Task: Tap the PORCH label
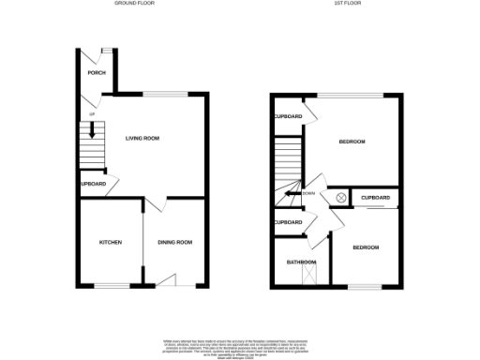[96, 73]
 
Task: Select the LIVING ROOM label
[142, 139]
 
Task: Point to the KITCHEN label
[111, 243]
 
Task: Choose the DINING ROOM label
[174, 243]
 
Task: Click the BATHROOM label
[301, 262]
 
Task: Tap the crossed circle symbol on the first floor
[340, 198]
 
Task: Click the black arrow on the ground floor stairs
[92, 132]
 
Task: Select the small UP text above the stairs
[92, 114]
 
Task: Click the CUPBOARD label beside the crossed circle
[375, 198]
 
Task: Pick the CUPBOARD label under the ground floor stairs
[93, 184]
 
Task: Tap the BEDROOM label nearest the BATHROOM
[366, 247]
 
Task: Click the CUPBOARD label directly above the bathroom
[288, 222]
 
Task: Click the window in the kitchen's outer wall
[111, 285]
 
